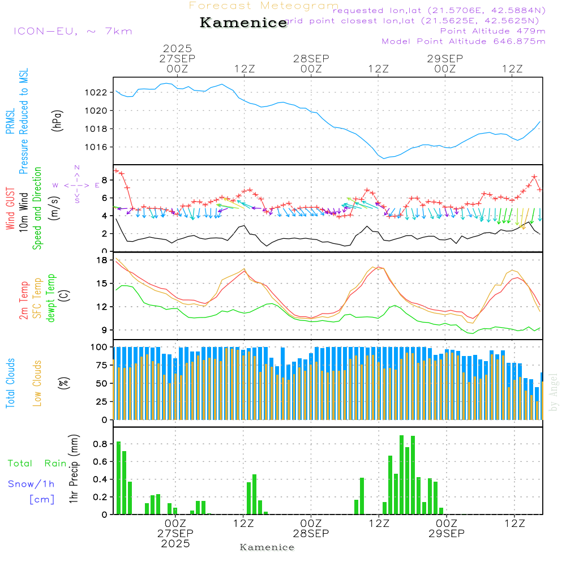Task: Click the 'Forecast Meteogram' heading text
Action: (x=264, y=6)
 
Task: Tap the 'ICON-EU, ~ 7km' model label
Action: (x=72, y=31)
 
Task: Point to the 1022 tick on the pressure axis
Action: (x=97, y=92)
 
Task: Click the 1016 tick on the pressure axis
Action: (x=97, y=147)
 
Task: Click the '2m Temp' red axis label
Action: (x=24, y=299)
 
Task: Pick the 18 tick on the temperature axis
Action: (x=102, y=260)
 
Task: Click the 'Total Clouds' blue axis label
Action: (x=11, y=383)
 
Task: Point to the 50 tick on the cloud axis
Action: (x=102, y=383)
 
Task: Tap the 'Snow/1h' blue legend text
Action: (x=31, y=484)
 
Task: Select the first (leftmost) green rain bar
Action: (x=118, y=478)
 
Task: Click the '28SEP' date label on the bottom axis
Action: (x=311, y=533)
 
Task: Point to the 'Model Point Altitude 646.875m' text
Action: (x=464, y=41)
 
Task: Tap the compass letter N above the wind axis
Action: (x=77, y=168)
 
